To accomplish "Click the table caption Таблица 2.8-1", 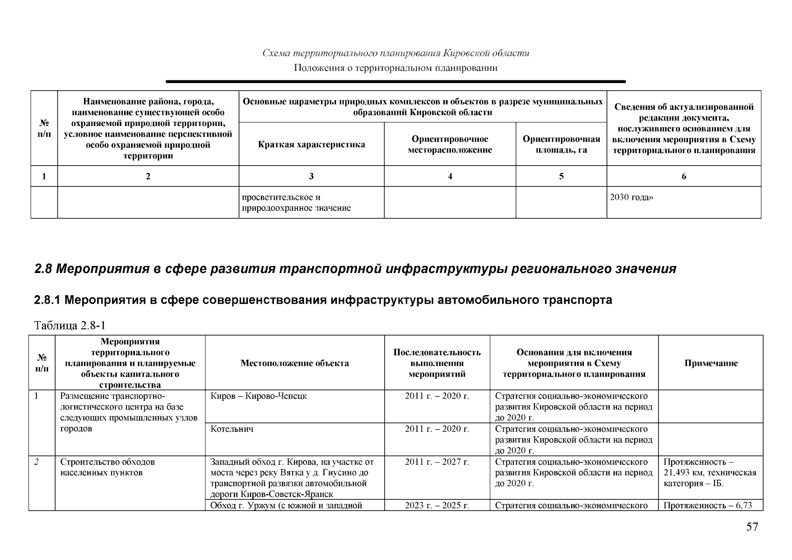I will click(70, 325).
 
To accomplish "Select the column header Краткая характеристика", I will click(311, 144).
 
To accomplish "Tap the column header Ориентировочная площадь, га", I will click(561, 144).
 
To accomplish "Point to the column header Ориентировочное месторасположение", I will click(449, 144).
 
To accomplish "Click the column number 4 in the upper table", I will click(449, 176).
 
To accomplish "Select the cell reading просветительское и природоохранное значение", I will click(296, 203).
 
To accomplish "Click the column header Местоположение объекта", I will click(294, 363).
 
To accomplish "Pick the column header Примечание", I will click(711, 363).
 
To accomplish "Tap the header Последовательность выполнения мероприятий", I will click(437, 363).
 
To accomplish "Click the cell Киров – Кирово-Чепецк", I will click(259, 396).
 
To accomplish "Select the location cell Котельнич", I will click(232, 429).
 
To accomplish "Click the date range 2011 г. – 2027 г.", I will click(437, 462).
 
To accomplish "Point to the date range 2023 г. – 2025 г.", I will click(437, 505).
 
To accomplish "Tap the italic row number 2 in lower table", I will click(36, 462).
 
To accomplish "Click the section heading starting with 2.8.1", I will click(322, 300).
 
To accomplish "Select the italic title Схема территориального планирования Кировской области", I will click(395, 53).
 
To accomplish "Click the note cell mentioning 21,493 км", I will click(709, 472).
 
